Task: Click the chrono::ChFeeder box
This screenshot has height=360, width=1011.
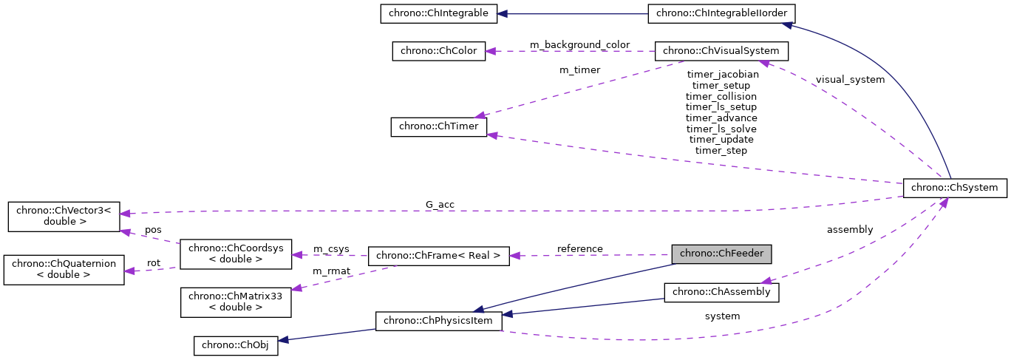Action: click(x=721, y=254)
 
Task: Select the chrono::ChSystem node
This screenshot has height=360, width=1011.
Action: click(x=955, y=188)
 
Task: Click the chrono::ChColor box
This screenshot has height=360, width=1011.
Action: click(x=438, y=51)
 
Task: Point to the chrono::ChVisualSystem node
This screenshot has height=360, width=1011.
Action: click(x=721, y=51)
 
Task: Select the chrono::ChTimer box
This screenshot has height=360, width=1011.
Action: click(x=438, y=127)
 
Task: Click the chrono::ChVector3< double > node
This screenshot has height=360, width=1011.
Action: click(x=63, y=215)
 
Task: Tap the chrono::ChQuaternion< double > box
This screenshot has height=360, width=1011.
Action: click(x=63, y=269)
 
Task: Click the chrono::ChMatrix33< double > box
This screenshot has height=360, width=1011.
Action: click(x=236, y=302)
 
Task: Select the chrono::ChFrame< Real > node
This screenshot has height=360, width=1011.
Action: click(x=438, y=256)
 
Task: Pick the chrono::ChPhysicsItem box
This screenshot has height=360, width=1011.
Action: click(x=438, y=321)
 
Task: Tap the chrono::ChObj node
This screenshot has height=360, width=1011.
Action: click(x=236, y=345)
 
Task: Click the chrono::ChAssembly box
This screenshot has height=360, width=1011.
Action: click(x=721, y=292)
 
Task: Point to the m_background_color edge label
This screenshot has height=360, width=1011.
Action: click(x=579, y=45)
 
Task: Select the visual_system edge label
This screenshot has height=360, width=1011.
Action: click(x=850, y=80)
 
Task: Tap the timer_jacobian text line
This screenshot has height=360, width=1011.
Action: click(x=721, y=75)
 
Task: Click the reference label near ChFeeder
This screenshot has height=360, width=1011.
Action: click(x=579, y=249)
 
